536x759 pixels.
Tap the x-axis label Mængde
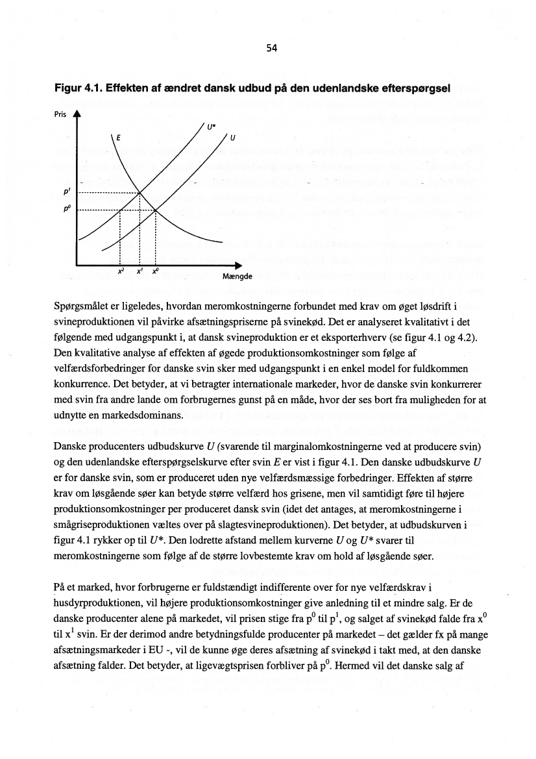pyautogui.click(x=238, y=276)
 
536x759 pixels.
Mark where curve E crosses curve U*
pyautogui.click(x=141, y=193)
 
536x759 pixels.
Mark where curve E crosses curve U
pyautogui.click(x=156, y=210)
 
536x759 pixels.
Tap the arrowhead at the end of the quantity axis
pyautogui.click(x=238, y=265)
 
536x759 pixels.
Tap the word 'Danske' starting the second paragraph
pyautogui.click(x=79, y=447)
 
